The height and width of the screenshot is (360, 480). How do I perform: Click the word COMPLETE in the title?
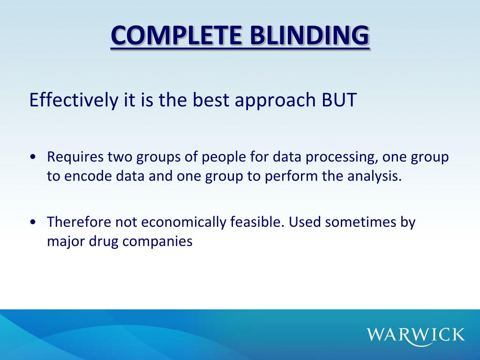click(x=176, y=36)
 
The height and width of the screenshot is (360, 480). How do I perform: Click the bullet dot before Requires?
click(x=33, y=157)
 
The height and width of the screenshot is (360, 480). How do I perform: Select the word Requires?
click(x=75, y=157)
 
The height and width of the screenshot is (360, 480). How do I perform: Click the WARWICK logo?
click(x=416, y=334)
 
